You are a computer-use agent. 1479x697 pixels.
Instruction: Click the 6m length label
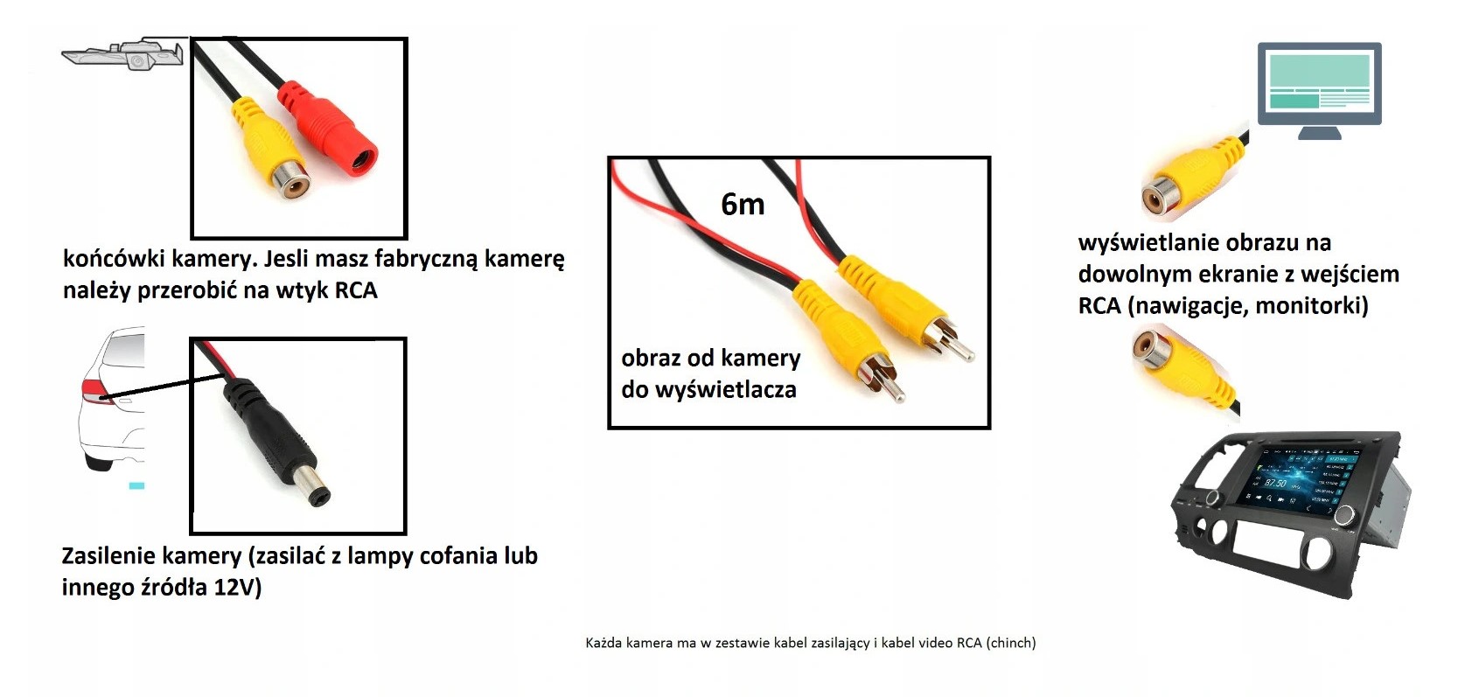click(743, 205)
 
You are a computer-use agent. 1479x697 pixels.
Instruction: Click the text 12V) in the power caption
click(237, 588)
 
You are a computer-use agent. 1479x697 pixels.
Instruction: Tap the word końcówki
click(114, 259)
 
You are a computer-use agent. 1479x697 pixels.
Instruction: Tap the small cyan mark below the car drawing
click(136, 485)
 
